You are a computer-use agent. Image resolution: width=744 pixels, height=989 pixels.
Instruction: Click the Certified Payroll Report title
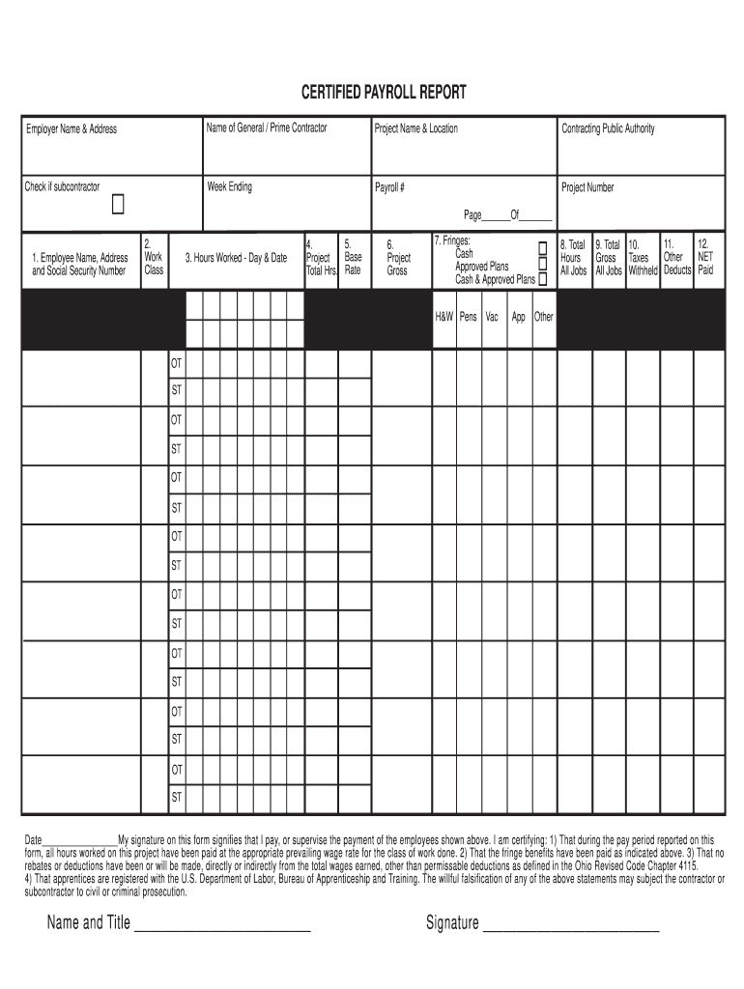click(384, 92)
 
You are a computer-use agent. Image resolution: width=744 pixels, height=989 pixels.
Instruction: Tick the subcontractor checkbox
click(118, 205)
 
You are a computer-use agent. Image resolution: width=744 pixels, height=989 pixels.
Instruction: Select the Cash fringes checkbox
click(542, 249)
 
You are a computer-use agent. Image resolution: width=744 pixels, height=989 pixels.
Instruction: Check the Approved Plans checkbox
click(542, 264)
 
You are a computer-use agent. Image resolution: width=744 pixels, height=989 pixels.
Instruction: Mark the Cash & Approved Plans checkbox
click(542, 279)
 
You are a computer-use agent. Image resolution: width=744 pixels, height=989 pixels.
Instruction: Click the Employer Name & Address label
click(71, 128)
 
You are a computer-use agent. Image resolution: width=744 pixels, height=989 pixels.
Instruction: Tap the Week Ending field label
click(229, 186)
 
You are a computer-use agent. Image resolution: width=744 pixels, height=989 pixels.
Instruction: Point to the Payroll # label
click(389, 186)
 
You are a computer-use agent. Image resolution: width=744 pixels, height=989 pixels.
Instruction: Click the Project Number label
click(587, 186)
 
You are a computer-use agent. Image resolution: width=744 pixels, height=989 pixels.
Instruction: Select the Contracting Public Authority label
click(608, 128)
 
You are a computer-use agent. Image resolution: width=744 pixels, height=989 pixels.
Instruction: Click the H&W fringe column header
click(444, 317)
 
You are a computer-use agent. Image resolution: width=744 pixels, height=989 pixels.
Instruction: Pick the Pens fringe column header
click(469, 317)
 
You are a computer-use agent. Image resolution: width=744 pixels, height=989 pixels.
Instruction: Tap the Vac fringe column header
click(492, 317)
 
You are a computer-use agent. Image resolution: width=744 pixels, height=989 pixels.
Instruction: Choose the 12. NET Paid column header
click(705, 258)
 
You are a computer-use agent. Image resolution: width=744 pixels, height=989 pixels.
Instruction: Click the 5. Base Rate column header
click(353, 258)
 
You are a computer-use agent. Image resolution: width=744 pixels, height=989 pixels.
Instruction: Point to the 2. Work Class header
click(153, 258)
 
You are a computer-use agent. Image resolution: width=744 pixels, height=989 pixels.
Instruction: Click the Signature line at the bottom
click(570, 925)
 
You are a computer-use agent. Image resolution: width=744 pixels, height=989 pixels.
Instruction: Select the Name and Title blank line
click(222, 925)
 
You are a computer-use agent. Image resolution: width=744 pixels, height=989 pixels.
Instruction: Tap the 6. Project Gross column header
click(398, 258)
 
